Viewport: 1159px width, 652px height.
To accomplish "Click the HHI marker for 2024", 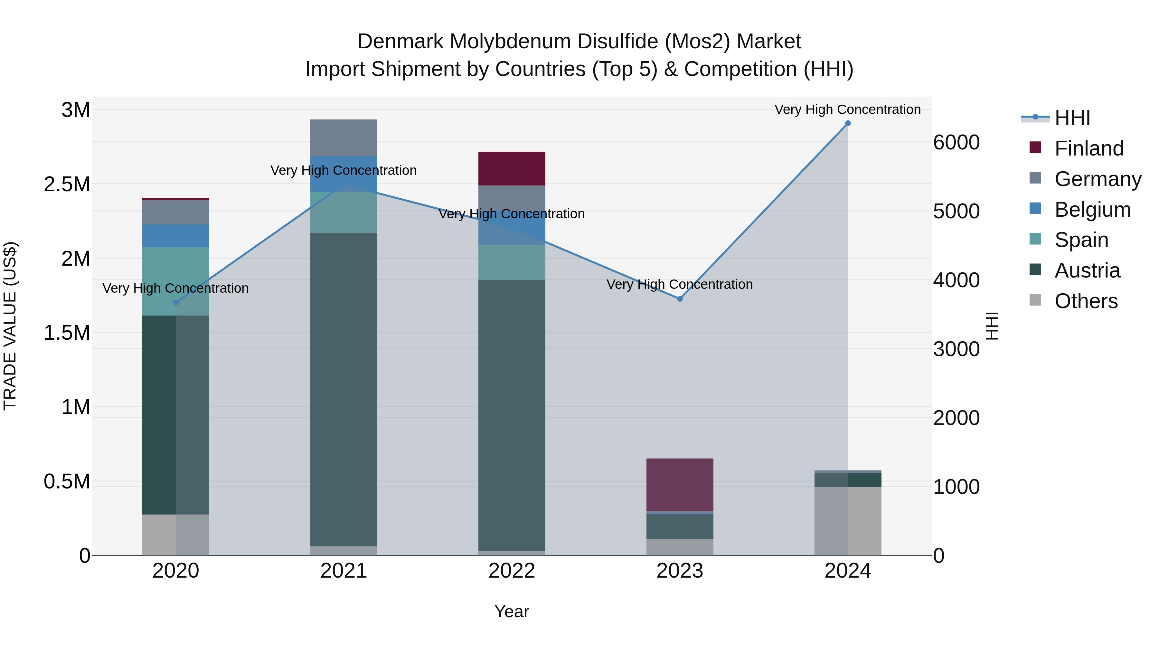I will [x=848, y=123].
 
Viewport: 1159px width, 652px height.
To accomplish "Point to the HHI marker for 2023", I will [x=680, y=299].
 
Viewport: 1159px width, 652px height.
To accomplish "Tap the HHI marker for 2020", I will [x=176, y=302].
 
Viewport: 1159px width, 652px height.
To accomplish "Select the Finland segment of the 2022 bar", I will [x=512, y=169].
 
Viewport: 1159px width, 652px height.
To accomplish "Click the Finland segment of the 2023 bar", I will [x=680, y=485].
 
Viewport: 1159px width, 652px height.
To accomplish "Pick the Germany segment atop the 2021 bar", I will [x=344, y=138].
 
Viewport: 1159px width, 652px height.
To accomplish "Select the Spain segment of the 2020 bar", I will [x=176, y=281].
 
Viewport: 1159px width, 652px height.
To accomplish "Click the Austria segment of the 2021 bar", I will [x=344, y=389].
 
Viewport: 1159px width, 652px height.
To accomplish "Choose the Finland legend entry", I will [x=1088, y=148].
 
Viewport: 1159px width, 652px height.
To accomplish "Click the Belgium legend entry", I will [x=1092, y=210].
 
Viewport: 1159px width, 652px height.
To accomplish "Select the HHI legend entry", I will [x=1072, y=118].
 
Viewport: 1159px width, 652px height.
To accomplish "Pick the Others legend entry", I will [x=1086, y=301].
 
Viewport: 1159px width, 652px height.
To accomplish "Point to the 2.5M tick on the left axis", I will [x=67, y=184].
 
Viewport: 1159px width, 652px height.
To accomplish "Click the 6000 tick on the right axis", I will [x=956, y=143].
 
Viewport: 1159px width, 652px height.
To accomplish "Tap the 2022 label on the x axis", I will [x=512, y=571].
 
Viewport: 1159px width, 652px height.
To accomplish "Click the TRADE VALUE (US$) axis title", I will [x=10, y=326].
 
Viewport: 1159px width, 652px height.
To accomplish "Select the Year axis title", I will [x=512, y=611].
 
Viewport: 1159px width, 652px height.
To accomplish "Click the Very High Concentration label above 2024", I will [x=848, y=110].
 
